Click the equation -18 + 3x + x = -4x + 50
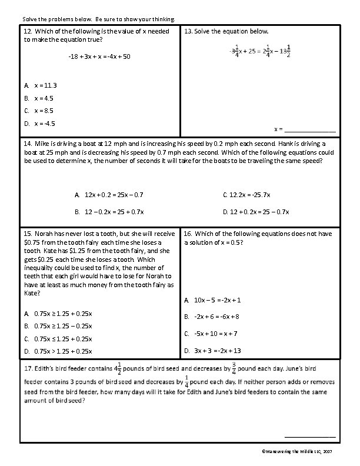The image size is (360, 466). point(99,56)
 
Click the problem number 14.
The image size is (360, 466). point(27,143)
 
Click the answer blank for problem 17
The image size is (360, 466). point(310,436)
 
